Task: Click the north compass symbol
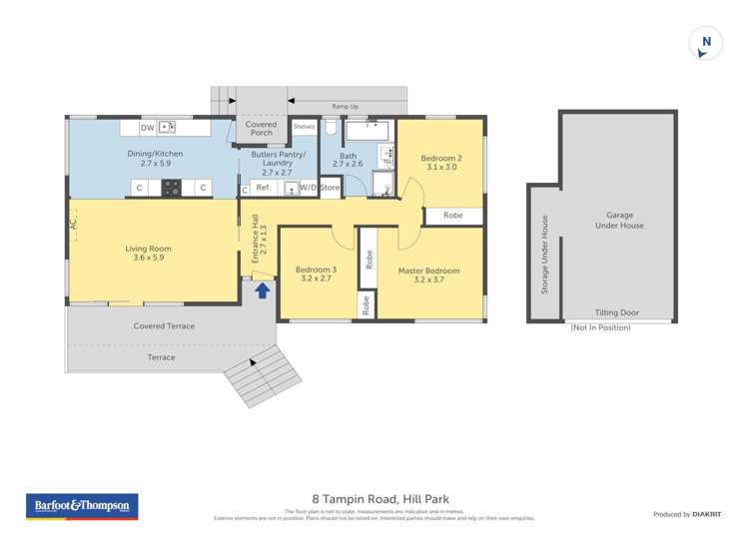pyautogui.click(x=706, y=42)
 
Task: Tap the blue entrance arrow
pyautogui.click(x=263, y=289)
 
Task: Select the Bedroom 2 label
pyautogui.click(x=439, y=163)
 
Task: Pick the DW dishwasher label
pyautogui.click(x=147, y=128)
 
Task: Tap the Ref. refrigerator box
pyautogui.click(x=264, y=188)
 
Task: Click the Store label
pyautogui.click(x=330, y=188)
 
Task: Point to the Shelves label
pyautogui.click(x=304, y=127)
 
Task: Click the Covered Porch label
pyautogui.click(x=262, y=129)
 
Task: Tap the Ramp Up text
pyautogui.click(x=346, y=104)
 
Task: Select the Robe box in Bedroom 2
pyautogui.click(x=452, y=215)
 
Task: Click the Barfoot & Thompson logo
pyautogui.click(x=82, y=506)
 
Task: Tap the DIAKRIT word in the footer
pyautogui.click(x=707, y=514)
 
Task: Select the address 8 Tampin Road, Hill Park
pyautogui.click(x=374, y=505)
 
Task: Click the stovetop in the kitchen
pyautogui.click(x=172, y=187)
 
